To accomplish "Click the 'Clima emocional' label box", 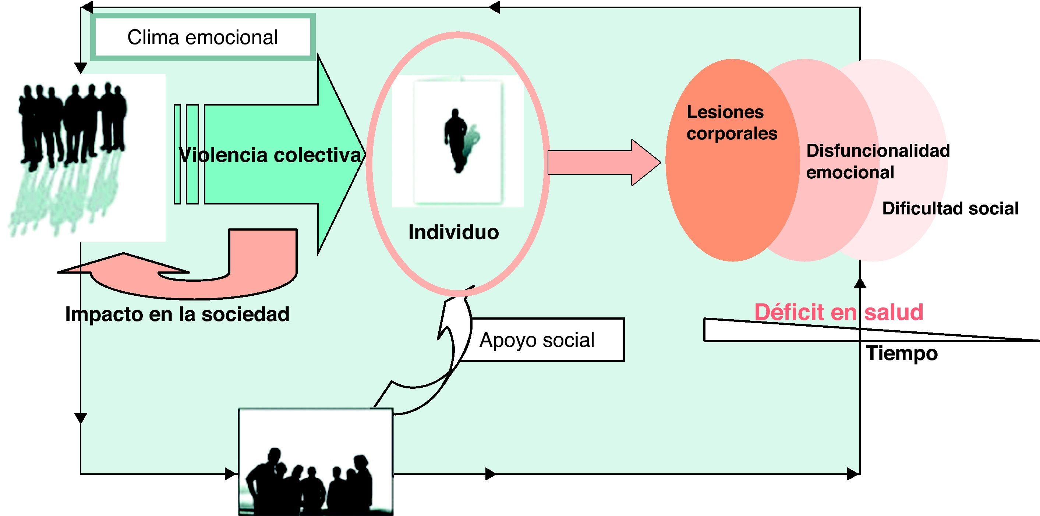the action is click(203, 37).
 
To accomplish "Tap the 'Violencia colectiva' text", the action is click(270, 155).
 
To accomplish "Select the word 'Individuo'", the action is click(453, 232).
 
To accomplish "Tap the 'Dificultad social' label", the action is click(950, 209).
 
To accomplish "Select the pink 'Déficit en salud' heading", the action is click(839, 312).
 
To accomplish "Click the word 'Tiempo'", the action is click(902, 353).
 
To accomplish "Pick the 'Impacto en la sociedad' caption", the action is click(177, 314).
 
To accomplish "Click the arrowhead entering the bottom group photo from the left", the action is click(231, 474).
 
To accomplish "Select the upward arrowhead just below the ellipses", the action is click(860, 283).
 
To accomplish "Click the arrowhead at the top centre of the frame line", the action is click(494, 7).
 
